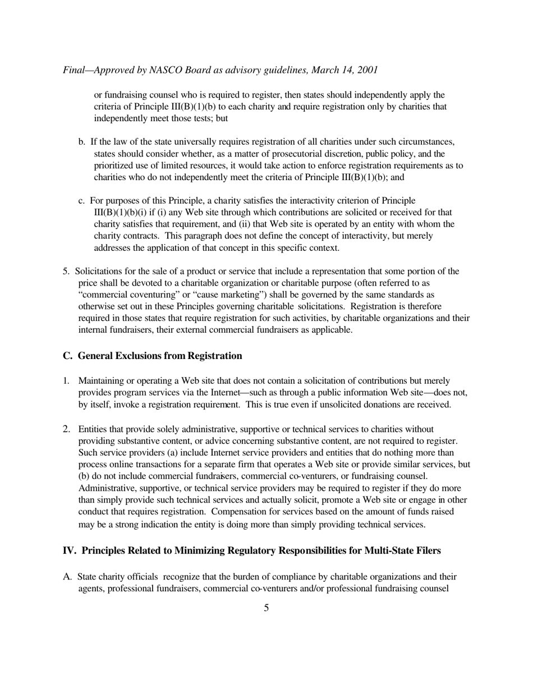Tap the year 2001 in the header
pyautogui.click(x=367, y=70)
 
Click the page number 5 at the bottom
pyautogui.click(x=266, y=608)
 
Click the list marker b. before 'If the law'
pyautogui.click(x=82, y=142)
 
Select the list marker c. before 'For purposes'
pyautogui.click(x=82, y=201)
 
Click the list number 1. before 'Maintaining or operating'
pyautogui.click(x=66, y=381)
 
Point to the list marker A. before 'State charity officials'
pyautogui.click(x=67, y=577)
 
